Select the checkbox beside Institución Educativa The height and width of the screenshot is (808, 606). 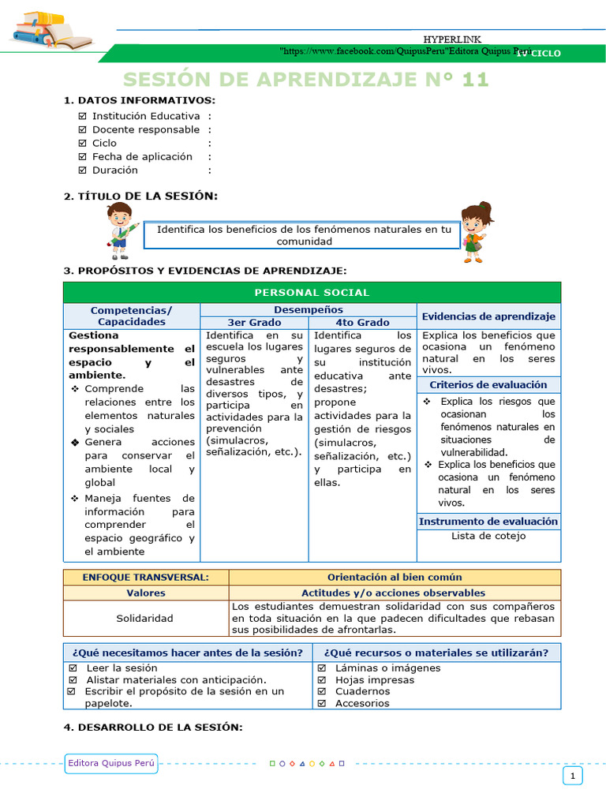pyautogui.click(x=83, y=116)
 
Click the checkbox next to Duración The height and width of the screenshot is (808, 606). pyautogui.click(x=83, y=170)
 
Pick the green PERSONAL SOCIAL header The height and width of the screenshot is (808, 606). pyautogui.click(x=312, y=293)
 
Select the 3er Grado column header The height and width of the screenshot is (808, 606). pyautogui.click(x=254, y=323)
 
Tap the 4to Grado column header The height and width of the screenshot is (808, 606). pyautogui.click(x=362, y=323)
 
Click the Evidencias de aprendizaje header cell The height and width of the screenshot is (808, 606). pyautogui.click(x=488, y=316)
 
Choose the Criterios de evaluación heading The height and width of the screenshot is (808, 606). pyautogui.click(x=488, y=385)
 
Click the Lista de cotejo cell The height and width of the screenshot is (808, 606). pyautogui.click(x=488, y=537)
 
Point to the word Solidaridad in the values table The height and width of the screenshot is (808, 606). pyautogui.click(x=145, y=618)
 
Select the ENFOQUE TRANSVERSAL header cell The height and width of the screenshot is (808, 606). pyautogui.click(x=146, y=578)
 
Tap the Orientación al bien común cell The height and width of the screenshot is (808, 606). pyautogui.click(x=395, y=578)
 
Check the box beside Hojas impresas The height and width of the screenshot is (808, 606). pyautogui.click(x=322, y=679)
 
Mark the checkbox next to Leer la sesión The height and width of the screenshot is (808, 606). pyautogui.click(x=73, y=668)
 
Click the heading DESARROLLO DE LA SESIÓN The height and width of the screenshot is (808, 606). pyautogui.click(x=153, y=727)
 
